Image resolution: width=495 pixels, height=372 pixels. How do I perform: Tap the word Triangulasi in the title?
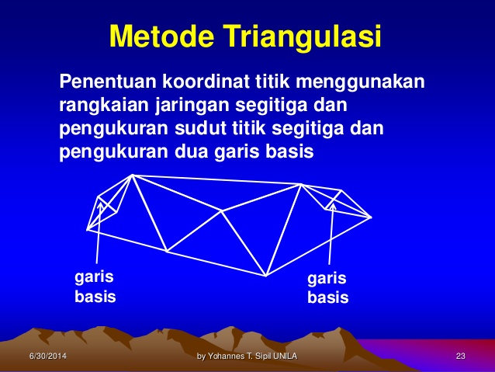[303, 36]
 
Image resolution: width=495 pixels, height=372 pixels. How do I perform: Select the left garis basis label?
[94, 286]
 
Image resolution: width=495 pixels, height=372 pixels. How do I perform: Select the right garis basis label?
[327, 287]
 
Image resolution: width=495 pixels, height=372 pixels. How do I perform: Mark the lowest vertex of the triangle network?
[266, 276]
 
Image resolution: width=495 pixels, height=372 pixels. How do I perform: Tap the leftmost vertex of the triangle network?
[88, 229]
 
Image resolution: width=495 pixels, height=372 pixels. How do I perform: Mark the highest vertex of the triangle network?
[133, 175]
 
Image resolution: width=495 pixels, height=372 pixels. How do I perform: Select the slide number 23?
[460, 356]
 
